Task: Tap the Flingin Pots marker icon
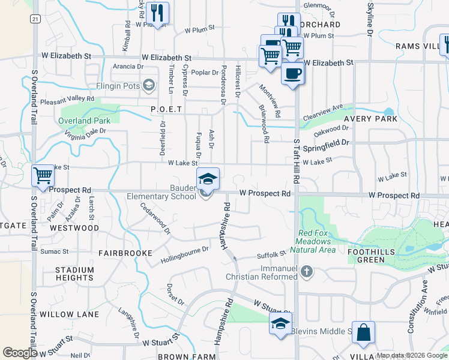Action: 148,85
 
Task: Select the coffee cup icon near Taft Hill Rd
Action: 292,74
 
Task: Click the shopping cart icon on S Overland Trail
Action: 43,176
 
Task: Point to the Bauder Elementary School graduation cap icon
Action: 208,179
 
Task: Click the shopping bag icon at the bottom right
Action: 363,332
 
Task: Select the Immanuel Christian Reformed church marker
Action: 307,272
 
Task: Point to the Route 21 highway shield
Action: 36,19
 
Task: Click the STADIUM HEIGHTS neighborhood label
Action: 74,274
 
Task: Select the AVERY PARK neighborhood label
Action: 370,119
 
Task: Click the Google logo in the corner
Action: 20,353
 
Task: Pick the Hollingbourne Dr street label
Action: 184,255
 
